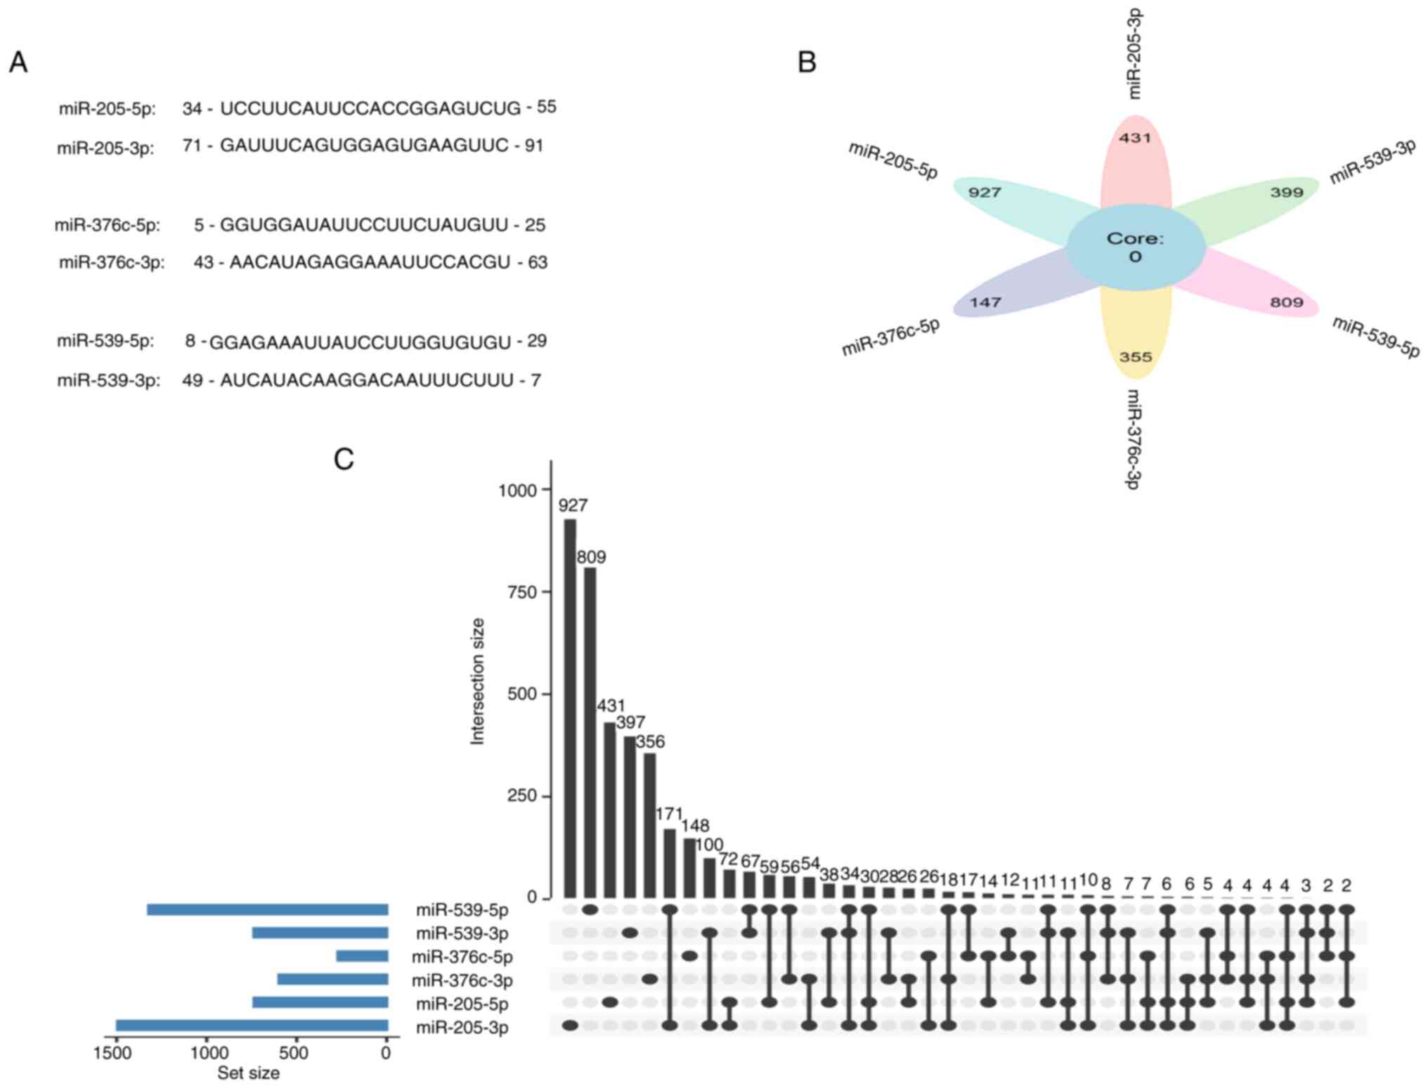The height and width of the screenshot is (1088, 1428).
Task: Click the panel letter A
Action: coord(18,63)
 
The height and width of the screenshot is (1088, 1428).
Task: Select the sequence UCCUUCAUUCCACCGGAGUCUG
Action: coord(370,108)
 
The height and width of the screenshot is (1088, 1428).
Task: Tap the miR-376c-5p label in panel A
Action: coord(108,226)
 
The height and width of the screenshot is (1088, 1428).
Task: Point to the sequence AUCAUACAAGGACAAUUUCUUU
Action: coord(367,380)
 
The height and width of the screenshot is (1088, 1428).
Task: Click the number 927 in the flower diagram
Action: coord(985,193)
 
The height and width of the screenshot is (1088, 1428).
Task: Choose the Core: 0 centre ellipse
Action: coord(1136,247)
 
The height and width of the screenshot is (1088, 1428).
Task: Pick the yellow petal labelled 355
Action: coord(1136,337)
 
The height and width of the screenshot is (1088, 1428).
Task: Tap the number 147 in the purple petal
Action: coord(985,303)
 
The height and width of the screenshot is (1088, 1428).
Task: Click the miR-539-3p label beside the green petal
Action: coord(1371,162)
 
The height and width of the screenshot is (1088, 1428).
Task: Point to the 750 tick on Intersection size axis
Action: coord(521,592)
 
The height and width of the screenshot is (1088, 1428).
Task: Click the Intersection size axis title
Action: coord(478,680)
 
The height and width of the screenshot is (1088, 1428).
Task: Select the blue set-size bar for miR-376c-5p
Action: coord(362,957)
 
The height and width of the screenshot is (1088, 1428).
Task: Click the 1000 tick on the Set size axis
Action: coord(209,1053)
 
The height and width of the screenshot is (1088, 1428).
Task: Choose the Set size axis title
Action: coord(248,1073)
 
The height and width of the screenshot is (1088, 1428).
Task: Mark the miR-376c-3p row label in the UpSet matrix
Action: coord(462,980)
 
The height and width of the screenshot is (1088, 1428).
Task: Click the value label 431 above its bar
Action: coord(611,706)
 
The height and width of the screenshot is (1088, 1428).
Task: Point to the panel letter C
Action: coord(344,460)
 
